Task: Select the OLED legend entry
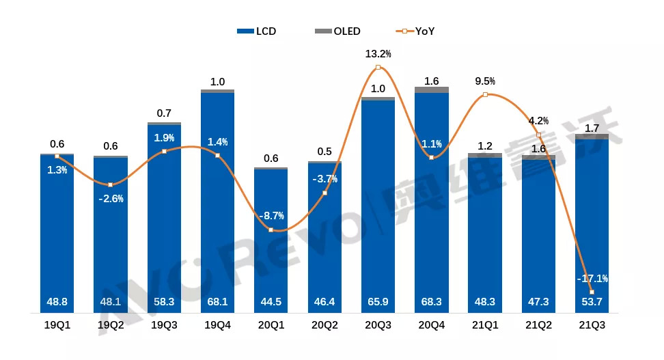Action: (339, 31)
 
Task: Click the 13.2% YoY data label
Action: (378, 53)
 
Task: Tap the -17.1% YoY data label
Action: (592, 279)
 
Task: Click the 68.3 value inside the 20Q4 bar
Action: (431, 301)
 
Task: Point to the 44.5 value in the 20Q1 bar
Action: (271, 301)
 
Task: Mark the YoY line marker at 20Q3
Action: (378, 67)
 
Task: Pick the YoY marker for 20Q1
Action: (271, 230)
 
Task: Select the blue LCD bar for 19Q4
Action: (217, 205)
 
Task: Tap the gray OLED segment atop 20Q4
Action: (431, 90)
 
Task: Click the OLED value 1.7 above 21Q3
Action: (592, 127)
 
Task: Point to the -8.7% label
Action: (271, 216)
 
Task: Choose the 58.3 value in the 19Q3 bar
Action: (164, 301)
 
